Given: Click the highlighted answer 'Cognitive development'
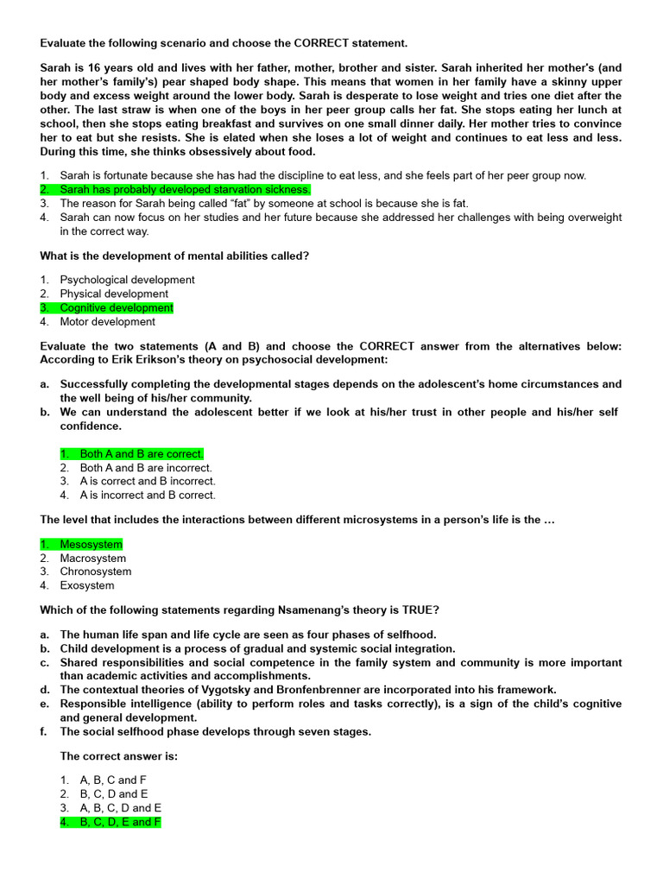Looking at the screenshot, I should pos(116,308).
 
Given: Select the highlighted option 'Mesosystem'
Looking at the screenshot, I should pos(91,545).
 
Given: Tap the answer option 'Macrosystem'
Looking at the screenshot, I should pos(92,559).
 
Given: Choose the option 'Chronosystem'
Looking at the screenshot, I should pos(96,571).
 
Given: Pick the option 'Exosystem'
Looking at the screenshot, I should pos(86,585).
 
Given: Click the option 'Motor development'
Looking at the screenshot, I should pos(107,322).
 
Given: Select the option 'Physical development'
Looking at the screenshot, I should pos(114,294).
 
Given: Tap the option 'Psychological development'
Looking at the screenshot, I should pos(127,280).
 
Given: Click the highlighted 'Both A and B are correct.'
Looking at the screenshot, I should pos(142,454).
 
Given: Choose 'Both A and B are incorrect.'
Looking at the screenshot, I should pos(146,468).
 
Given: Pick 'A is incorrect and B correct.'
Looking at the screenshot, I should pos(148,496).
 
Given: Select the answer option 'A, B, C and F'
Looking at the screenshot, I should pos(113,780).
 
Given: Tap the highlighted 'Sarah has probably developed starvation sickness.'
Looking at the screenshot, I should pos(185,189).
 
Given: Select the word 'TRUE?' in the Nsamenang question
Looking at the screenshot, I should pos(419,610).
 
